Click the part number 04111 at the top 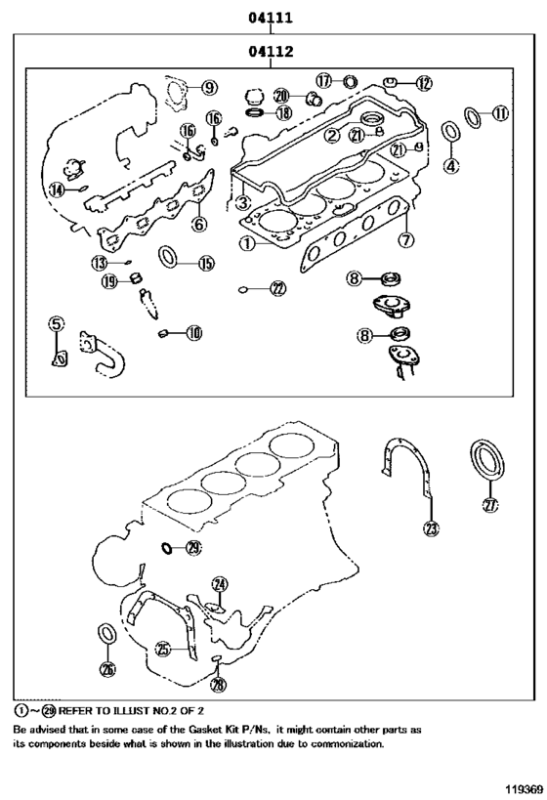[271, 18]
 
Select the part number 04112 [271, 52]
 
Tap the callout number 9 [209, 88]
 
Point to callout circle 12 [422, 84]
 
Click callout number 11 [499, 114]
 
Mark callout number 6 [198, 224]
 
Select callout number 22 [278, 288]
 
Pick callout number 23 [431, 528]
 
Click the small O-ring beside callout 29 [167, 548]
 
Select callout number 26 [107, 669]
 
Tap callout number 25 [164, 647]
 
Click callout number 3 [240, 203]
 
